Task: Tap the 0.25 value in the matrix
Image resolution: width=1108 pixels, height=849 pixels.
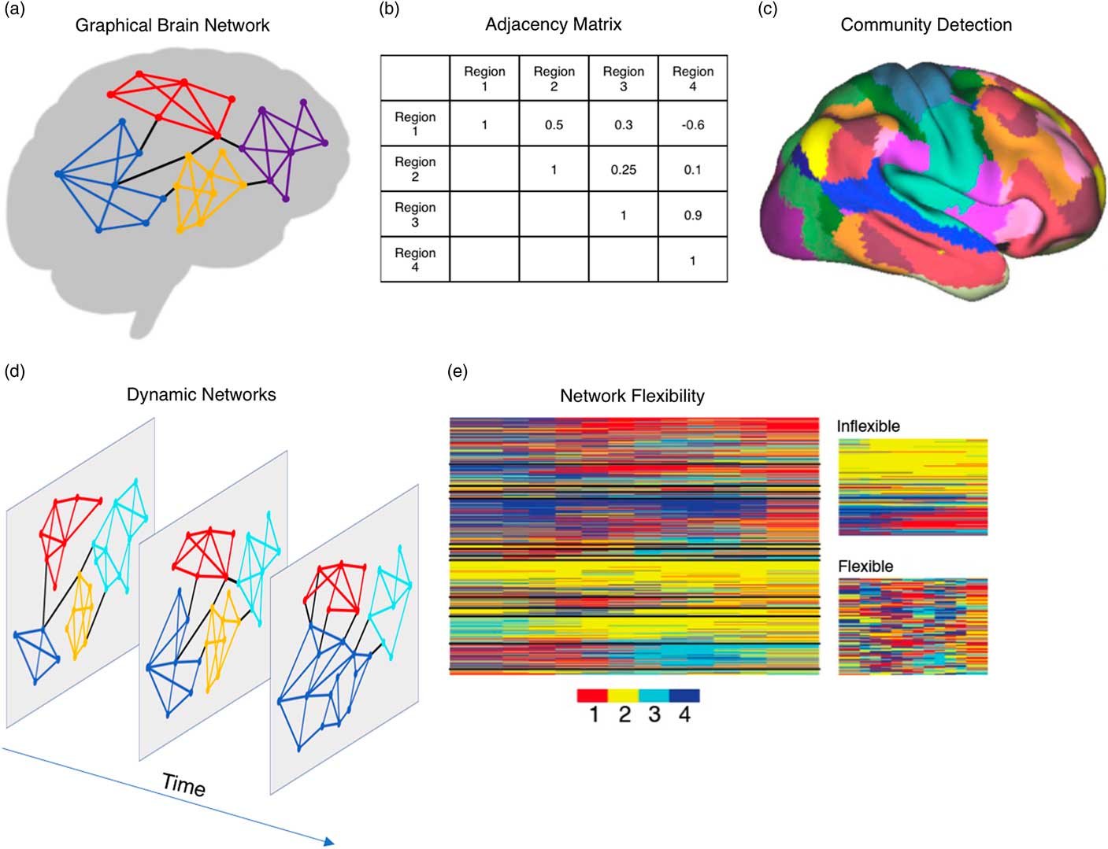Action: pos(623,169)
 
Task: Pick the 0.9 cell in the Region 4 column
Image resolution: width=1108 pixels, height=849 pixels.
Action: pos(692,215)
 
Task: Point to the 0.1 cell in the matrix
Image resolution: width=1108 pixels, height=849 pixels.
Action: pos(692,169)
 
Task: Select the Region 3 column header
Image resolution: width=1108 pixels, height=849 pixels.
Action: pos(623,79)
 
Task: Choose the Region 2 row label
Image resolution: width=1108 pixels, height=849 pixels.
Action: pos(415,169)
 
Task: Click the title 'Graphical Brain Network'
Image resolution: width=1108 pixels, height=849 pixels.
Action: pos(172,25)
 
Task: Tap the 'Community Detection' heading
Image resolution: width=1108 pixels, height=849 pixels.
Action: pos(926,24)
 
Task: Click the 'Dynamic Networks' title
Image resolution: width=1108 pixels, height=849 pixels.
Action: pos(202,394)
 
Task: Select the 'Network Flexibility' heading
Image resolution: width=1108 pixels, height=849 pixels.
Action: pos(632,396)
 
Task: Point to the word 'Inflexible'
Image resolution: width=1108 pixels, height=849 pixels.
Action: pos(869,426)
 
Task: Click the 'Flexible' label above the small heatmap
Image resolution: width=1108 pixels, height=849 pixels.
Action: pos(865,566)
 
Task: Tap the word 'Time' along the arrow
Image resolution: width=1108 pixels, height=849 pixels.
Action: pos(183,784)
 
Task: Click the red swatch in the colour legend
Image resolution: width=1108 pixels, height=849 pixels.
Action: pos(592,696)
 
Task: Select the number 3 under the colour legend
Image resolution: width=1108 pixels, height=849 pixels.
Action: pos(654,714)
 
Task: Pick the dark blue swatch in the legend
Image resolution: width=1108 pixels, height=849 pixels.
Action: pos(684,696)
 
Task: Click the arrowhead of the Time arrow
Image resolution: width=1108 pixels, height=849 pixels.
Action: pos(329,842)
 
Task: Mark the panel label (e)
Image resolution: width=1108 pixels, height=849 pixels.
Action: pos(458,371)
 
